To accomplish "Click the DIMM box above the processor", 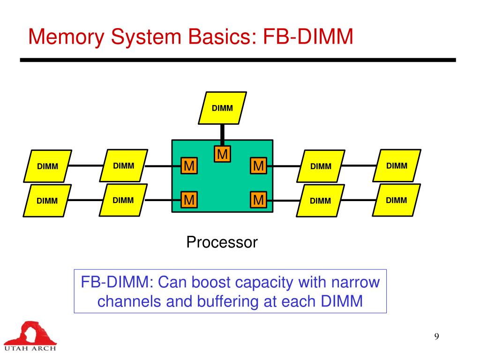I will pos(222,108).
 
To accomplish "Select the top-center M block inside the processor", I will pos(223,154).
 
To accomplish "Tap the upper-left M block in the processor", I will pos(189,165).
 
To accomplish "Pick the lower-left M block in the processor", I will pos(189,200).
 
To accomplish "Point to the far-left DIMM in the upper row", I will pos(48,166).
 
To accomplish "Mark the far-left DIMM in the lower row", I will pos(48,201).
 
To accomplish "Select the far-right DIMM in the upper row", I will pos(397,165).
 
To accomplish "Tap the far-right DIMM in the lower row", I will pos(397,200).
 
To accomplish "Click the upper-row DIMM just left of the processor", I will pos(124,165).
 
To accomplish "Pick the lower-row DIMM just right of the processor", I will pos(321,201).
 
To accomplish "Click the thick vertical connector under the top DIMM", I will pos(223,135).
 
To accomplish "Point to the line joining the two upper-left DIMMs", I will pos(87,165).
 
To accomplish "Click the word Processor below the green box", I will pos(222,242).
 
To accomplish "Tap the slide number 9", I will pos(436,336).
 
